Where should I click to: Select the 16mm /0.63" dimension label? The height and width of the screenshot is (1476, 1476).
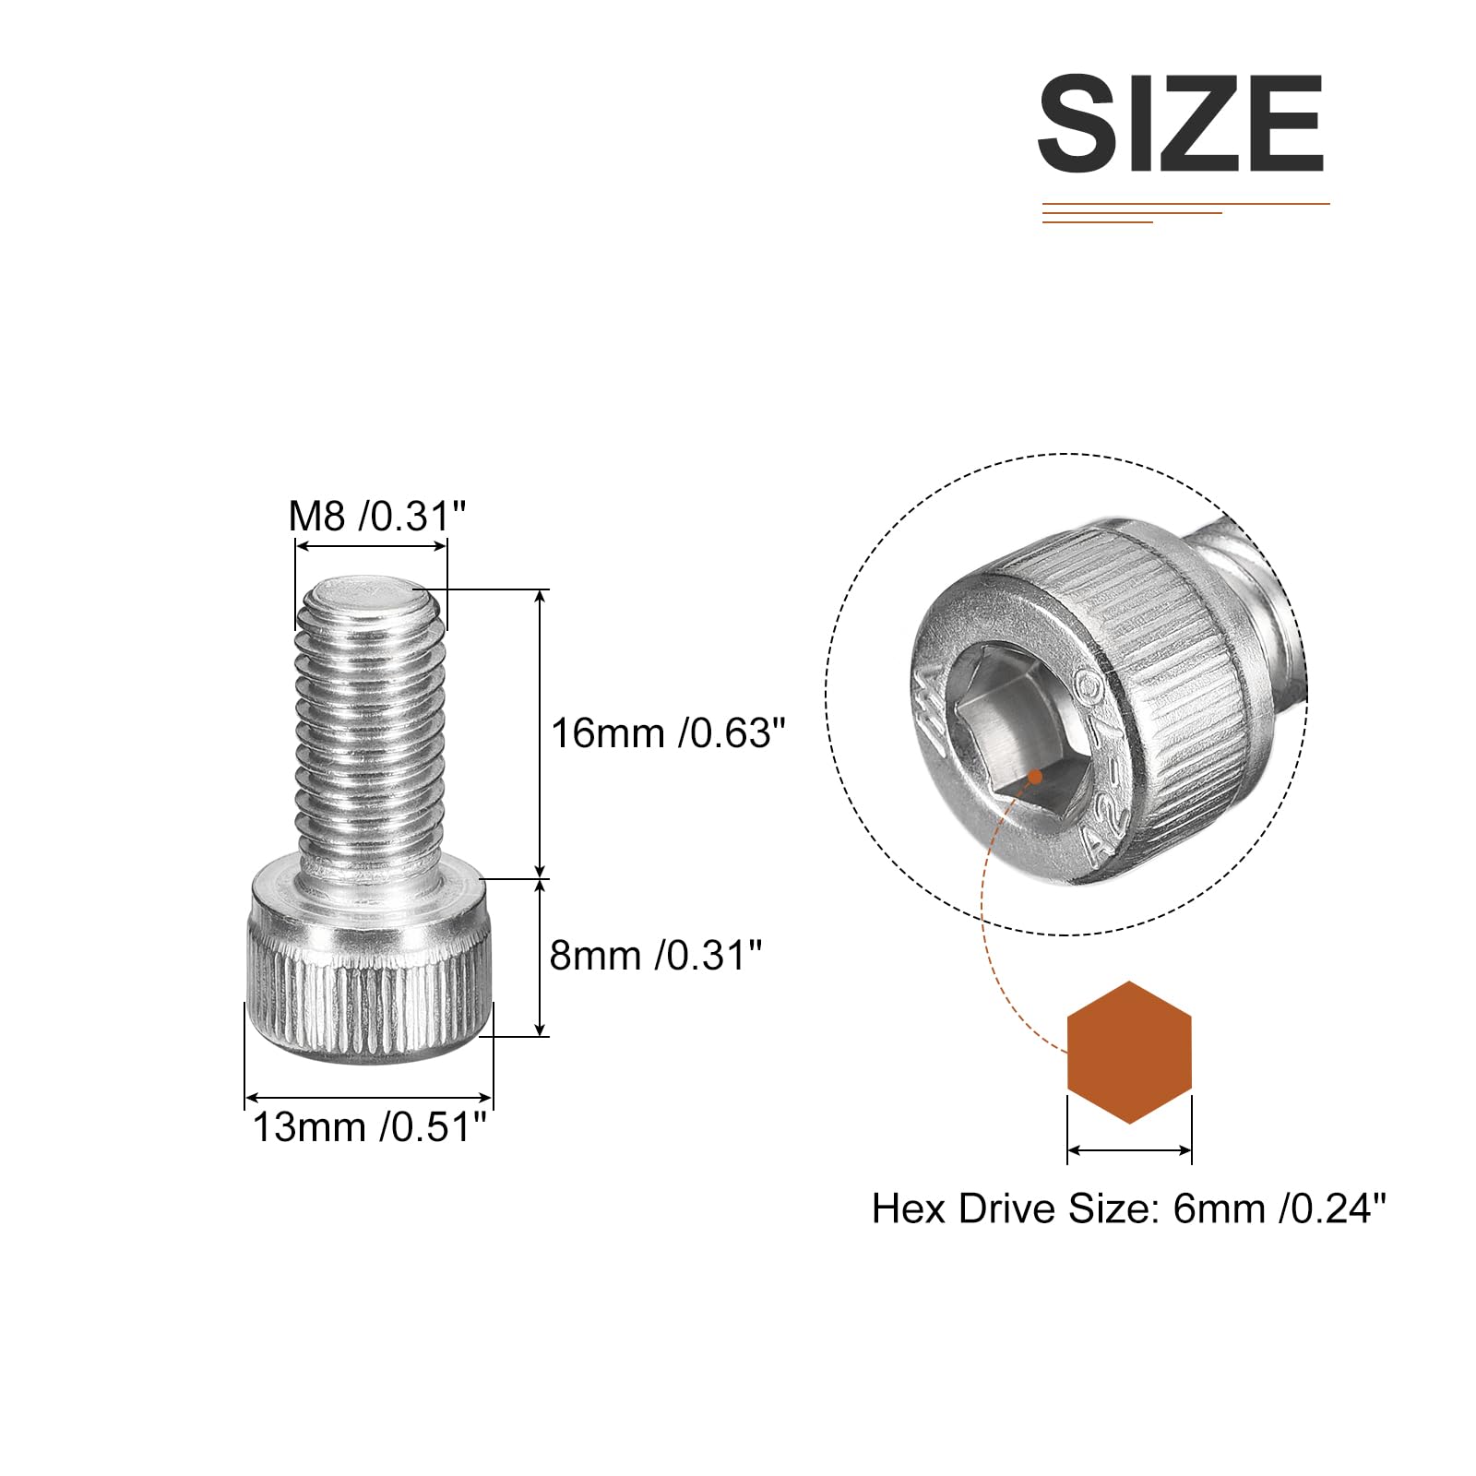(x=669, y=733)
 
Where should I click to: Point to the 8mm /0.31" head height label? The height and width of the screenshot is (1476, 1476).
(x=656, y=956)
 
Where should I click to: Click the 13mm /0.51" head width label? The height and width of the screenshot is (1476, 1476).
(x=369, y=1127)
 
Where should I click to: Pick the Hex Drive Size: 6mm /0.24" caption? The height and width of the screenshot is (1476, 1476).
(x=1129, y=1208)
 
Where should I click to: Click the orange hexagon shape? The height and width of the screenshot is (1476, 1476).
(x=1129, y=1052)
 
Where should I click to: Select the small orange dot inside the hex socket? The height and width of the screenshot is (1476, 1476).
(x=1035, y=777)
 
